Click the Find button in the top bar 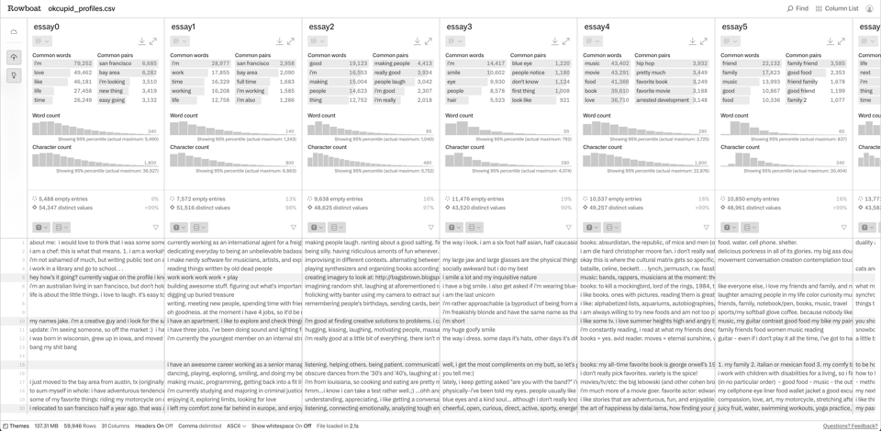click(x=797, y=8)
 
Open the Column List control click(x=837, y=8)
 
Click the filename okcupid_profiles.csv click(x=82, y=8)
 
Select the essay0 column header click(x=47, y=27)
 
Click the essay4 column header click(x=597, y=27)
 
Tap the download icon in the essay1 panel click(x=280, y=41)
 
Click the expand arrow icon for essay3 click(x=566, y=41)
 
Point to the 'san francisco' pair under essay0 click(x=116, y=63)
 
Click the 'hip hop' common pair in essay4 click(x=646, y=63)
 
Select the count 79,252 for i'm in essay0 click(x=82, y=63)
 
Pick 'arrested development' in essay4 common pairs click(x=662, y=100)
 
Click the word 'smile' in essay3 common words click(x=455, y=73)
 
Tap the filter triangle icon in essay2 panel click(x=430, y=227)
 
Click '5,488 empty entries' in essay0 click(x=62, y=198)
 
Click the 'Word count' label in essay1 click(x=184, y=116)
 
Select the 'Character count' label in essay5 click(x=742, y=147)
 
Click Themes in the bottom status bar click(x=17, y=426)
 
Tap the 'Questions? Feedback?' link click(x=849, y=426)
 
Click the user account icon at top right click(x=869, y=8)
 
